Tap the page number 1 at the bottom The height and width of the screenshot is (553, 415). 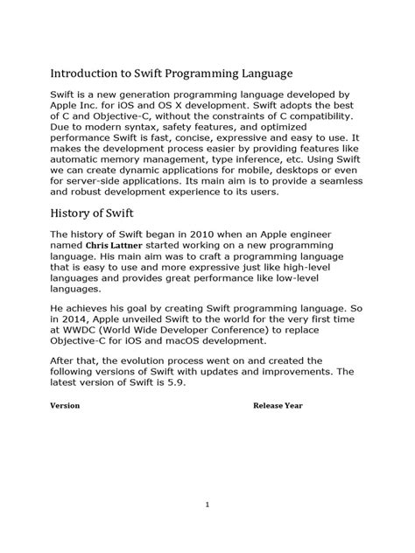click(207, 505)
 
